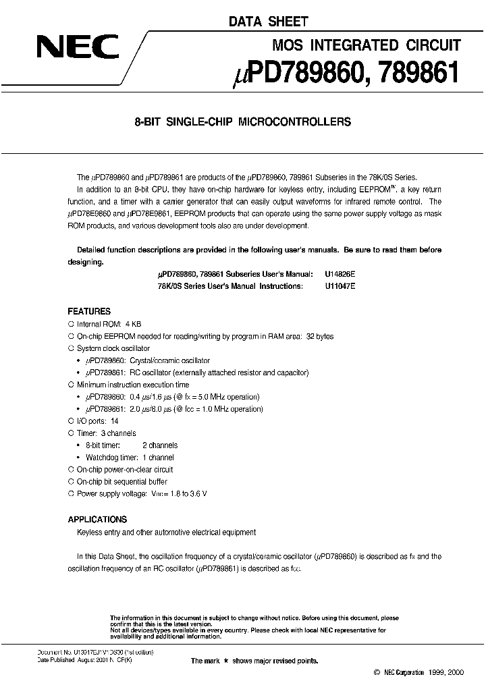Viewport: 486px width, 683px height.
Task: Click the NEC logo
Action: click(78, 48)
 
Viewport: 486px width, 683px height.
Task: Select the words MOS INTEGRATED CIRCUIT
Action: click(367, 45)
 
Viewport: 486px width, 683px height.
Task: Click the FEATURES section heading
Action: click(89, 312)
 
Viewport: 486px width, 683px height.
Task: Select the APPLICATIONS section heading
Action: click(97, 520)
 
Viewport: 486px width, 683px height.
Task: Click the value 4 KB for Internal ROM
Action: click(133, 324)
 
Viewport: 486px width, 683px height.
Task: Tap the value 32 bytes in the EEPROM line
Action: click(320, 336)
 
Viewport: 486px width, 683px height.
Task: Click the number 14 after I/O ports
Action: click(115, 421)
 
